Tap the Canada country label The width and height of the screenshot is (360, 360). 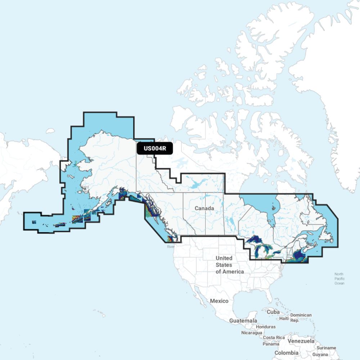[x=204, y=208]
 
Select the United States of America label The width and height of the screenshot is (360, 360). [x=229, y=265]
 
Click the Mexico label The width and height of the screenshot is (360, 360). [x=219, y=301]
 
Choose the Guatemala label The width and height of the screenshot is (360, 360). [x=243, y=320]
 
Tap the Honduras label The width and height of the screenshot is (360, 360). [x=266, y=327]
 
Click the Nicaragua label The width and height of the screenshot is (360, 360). [x=252, y=333]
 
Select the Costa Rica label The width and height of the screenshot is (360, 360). [x=274, y=338]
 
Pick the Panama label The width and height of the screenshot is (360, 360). [x=271, y=344]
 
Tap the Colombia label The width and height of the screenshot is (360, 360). [x=286, y=353]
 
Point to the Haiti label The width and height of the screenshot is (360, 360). [x=284, y=319]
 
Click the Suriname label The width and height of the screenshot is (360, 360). [x=327, y=348]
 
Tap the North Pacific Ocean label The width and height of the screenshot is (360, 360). [x=339, y=279]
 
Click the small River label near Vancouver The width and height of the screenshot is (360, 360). [x=170, y=247]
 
